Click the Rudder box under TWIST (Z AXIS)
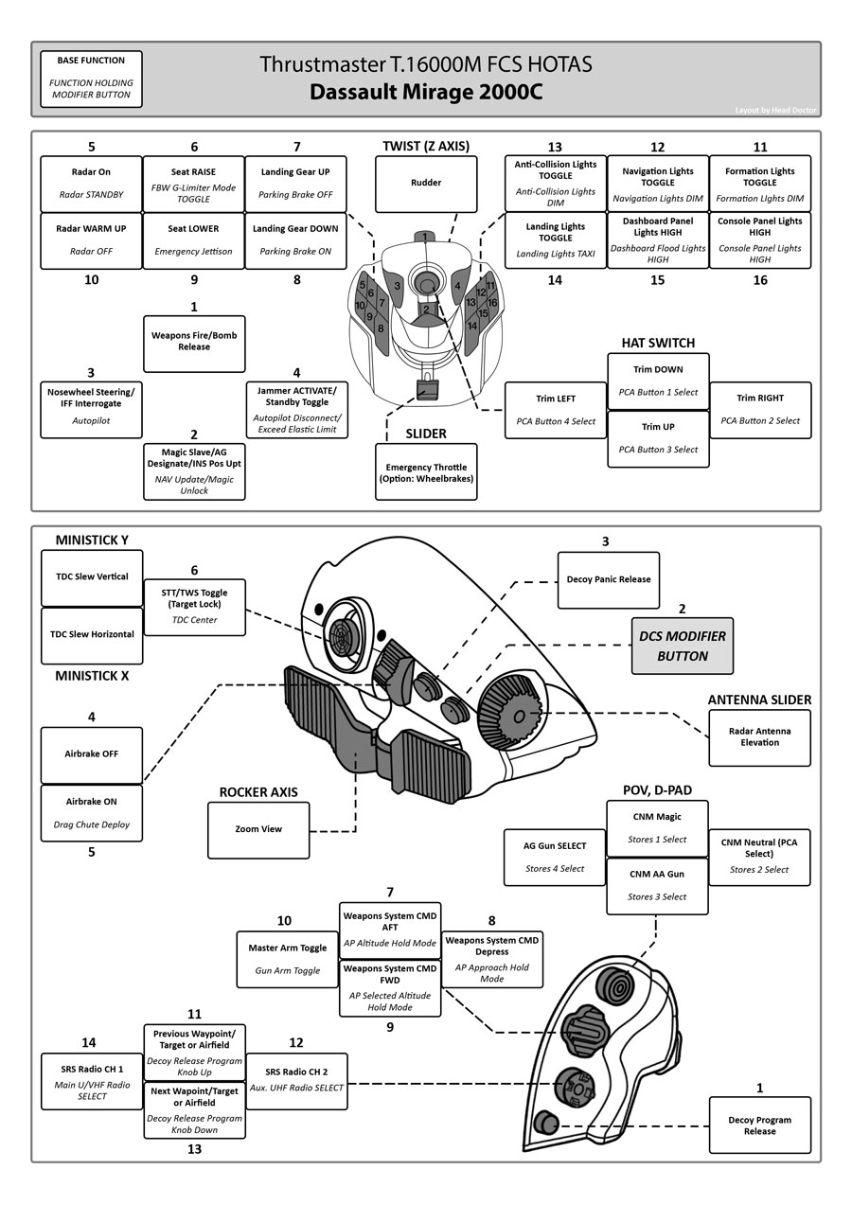tap(426, 184)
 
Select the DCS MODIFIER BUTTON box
tap(682, 646)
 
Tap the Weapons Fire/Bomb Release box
tap(194, 342)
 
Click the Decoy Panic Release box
tap(608, 579)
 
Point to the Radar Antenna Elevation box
tap(759, 736)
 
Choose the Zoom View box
tap(258, 829)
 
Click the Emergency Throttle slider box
tap(426, 473)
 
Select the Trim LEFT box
tap(556, 409)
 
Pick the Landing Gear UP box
tap(295, 184)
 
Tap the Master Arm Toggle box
tap(287, 958)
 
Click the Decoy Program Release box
tap(759, 1125)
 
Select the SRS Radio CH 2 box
tap(296, 1081)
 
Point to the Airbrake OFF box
tap(91, 754)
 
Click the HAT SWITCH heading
tap(658, 343)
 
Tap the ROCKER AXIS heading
tap(258, 792)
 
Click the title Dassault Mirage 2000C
tap(426, 93)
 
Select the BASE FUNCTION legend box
tap(91, 78)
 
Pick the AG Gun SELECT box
tap(555, 857)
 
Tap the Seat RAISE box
tap(194, 184)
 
